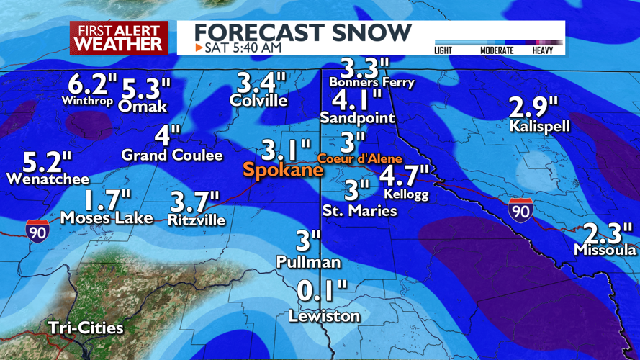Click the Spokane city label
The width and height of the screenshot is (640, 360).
point(283,171)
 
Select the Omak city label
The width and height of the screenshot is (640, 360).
point(143,107)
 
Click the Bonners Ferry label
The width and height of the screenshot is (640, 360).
point(371,82)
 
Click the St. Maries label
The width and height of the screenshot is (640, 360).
point(359,211)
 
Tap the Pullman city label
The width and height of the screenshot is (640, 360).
point(309,263)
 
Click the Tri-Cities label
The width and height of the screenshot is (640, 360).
point(86,328)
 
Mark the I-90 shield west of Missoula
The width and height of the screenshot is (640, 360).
point(520,209)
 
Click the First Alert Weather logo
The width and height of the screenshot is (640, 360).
point(119,37)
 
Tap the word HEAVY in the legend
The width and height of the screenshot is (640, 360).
point(548,50)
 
